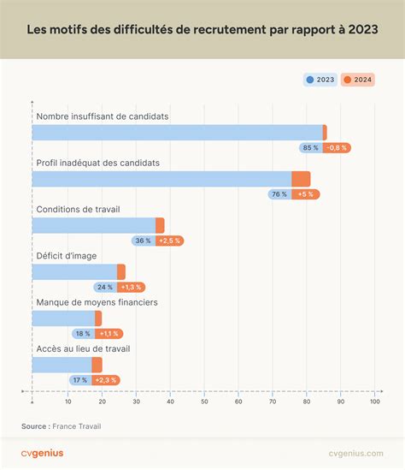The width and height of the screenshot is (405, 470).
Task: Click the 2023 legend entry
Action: (x=320, y=80)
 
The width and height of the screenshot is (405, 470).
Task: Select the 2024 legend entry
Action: (x=358, y=80)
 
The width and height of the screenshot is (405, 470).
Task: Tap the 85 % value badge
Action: (x=311, y=148)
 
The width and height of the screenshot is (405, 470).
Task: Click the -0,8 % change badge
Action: (x=337, y=148)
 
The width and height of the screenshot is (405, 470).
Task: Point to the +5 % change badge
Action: (x=306, y=194)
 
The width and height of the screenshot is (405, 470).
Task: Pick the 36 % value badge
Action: (x=144, y=241)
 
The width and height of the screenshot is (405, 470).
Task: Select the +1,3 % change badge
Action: (x=131, y=287)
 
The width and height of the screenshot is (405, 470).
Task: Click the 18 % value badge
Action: (x=83, y=334)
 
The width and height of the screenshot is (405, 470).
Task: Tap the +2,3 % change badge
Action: (x=106, y=380)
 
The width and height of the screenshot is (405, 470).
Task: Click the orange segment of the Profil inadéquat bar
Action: (x=301, y=179)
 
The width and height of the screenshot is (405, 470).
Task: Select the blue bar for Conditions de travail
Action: (x=94, y=226)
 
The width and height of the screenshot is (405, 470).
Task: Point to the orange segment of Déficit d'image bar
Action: (x=121, y=272)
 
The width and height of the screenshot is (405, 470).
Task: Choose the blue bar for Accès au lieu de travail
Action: (x=62, y=365)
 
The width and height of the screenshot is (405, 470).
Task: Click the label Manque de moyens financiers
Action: (x=97, y=302)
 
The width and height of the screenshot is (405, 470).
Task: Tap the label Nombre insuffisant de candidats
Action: (x=103, y=116)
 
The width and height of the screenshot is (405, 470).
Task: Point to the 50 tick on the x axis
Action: (x=204, y=402)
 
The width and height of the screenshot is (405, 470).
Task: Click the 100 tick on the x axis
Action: (x=375, y=402)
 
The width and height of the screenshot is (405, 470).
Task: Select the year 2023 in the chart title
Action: (x=363, y=29)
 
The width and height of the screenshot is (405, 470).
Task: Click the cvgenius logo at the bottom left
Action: (x=42, y=453)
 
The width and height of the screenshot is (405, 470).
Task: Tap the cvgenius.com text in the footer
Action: (x=356, y=454)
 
